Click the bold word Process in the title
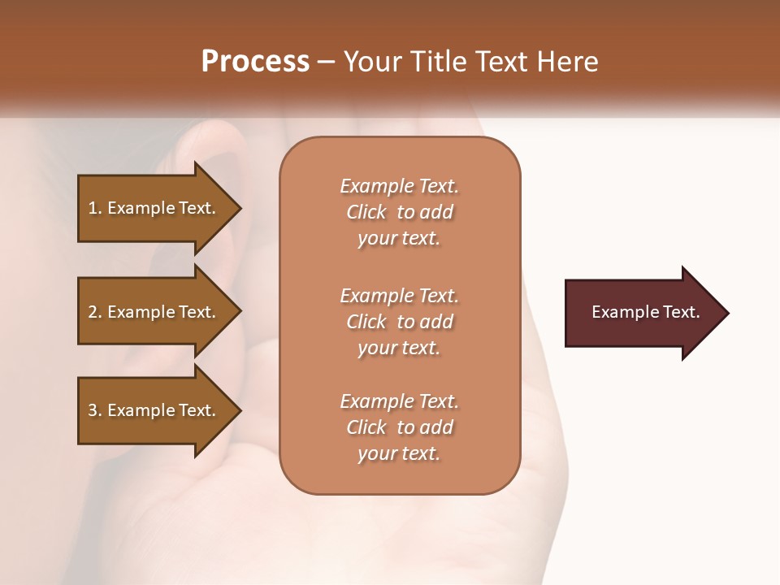[255, 62]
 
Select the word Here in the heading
[567, 62]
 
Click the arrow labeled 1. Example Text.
[154, 208]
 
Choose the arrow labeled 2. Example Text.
[154, 312]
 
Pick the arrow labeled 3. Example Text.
[154, 410]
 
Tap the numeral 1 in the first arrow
[93, 208]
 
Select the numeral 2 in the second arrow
[93, 312]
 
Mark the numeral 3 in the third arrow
[93, 410]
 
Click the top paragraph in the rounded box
[399, 212]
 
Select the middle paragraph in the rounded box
[399, 322]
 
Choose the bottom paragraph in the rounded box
[399, 427]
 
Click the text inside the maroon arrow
[645, 312]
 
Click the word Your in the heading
[373, 62]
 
